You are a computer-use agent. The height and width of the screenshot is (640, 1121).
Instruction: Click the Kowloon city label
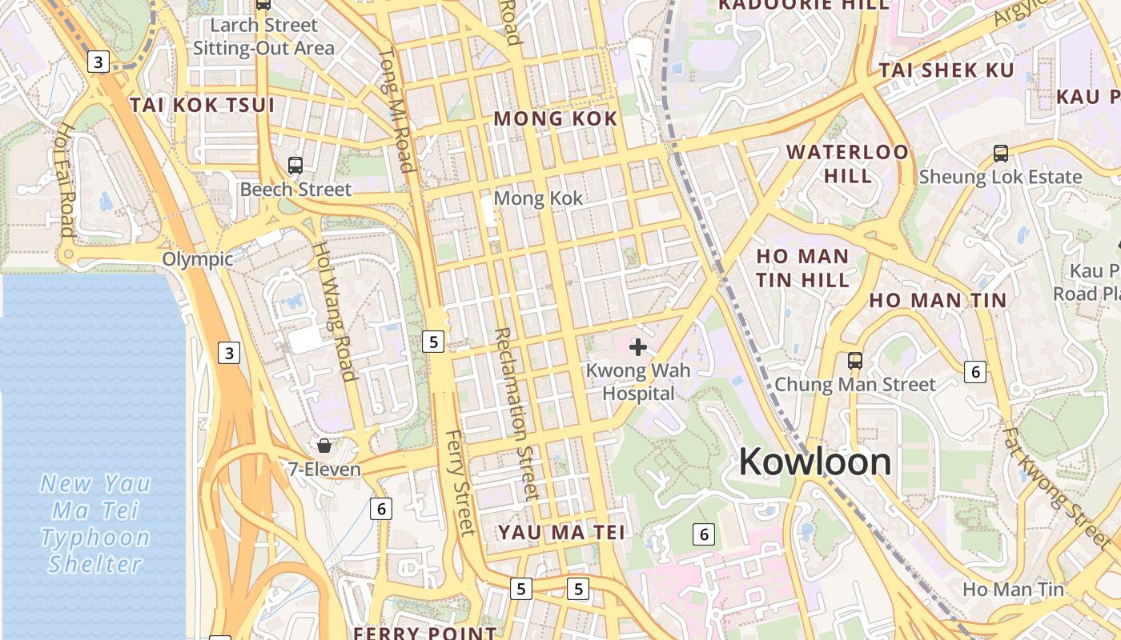coord(814,462)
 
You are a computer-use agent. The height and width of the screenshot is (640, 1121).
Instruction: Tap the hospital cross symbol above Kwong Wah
coord(638,347)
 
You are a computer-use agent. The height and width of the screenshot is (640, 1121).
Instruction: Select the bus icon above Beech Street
coord(295,166)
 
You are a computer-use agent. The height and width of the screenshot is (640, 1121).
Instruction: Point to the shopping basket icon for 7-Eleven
coord(324,446)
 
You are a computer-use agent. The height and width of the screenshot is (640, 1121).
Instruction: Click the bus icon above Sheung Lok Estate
coord(1000,154)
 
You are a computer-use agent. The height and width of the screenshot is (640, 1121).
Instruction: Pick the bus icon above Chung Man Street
coord(855,361)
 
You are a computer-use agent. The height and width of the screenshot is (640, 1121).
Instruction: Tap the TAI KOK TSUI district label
coord(202,105)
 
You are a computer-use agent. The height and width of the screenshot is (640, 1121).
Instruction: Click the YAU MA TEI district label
coord(561,532)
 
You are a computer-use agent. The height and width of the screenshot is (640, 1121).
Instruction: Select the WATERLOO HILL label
coord(848,163)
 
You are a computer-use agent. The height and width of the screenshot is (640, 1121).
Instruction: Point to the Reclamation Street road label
coord(515,413)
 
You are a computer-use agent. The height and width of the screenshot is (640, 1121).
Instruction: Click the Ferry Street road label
coord(460,482)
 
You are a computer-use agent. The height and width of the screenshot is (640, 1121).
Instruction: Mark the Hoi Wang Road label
coord(334,311)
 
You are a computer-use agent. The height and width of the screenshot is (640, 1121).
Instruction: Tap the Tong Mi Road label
coord(396,110)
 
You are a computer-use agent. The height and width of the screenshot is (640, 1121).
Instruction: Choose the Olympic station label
coord(198,259)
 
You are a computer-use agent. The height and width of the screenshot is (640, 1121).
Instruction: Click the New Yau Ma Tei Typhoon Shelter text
coord(95,523)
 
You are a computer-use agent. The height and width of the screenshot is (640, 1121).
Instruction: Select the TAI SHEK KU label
coord(946,70)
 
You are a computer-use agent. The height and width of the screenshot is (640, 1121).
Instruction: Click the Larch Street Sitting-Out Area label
coord(263,37)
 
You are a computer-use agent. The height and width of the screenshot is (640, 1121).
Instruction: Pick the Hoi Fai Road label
coord(66,180)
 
